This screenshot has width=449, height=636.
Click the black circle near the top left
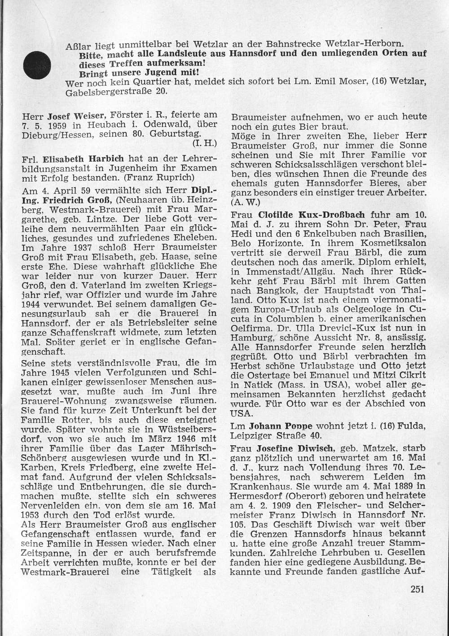point(36,65)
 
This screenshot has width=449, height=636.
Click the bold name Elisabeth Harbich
point(85,159)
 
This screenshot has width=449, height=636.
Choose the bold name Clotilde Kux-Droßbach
point(311,215)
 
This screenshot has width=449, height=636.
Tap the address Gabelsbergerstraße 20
point(116,92)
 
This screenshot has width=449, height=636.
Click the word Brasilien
point(404,233)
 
